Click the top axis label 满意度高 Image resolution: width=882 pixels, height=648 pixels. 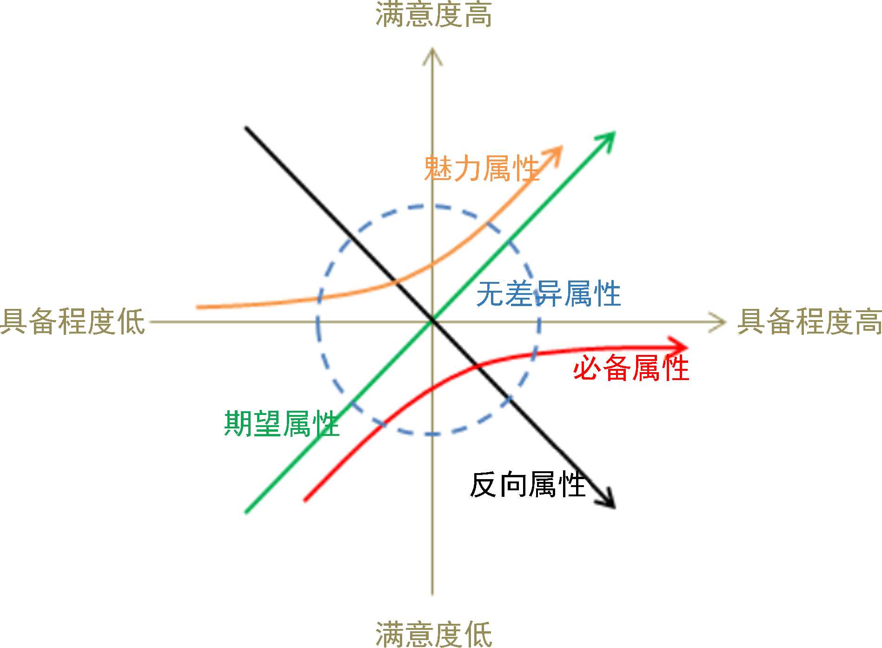433,14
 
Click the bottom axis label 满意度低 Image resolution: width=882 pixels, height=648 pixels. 433,634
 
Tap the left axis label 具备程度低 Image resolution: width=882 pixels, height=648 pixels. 73,321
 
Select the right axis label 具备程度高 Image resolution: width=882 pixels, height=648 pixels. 809,321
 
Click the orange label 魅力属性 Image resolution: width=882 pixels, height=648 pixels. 481,168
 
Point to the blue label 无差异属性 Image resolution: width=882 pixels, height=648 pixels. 549,294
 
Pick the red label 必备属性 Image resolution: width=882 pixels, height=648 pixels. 631,368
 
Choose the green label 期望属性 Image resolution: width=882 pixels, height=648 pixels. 282,423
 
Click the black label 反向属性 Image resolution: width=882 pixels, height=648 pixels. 527,485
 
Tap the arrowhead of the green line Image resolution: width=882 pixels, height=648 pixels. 609,138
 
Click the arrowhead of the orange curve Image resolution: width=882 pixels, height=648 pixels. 557,151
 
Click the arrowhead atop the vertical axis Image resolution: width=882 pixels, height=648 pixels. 432,54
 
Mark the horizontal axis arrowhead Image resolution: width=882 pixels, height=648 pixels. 720,321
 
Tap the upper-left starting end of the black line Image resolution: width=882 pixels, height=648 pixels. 246,127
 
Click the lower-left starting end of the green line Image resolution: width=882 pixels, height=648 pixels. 246,512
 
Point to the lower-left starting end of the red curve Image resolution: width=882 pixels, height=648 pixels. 305,500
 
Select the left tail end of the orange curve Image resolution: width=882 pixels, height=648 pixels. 198,307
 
